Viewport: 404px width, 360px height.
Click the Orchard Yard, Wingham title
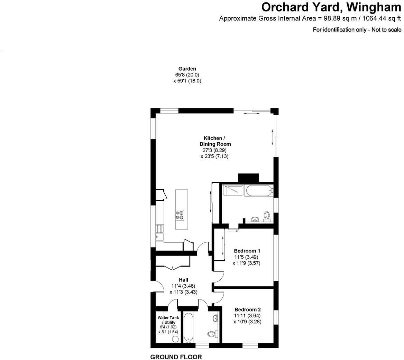click(x=331, y=7)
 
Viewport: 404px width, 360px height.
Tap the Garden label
click(x=187, y=69)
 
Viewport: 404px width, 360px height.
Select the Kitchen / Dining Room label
click(x=215, y=141)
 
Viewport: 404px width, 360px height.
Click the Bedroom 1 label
click(x=247, y=251)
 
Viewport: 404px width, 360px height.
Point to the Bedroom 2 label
click(x=247, y=310)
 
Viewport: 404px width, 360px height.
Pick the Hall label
click(x=183, y=280)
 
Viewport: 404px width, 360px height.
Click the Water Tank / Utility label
click(x=167, y=320)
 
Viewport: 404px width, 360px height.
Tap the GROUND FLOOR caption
click(x=176, y=357)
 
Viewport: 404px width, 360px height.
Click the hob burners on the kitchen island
click(x=180, y=215)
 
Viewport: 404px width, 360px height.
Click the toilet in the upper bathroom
click(x=267, y=216)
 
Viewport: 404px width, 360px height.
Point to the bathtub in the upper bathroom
click(x=259, y=191)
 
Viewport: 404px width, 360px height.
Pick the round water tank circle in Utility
click(x=175, y=339)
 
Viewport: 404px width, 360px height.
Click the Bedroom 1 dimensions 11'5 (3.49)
click(x=247, y=257)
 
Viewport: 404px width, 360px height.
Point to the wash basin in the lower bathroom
click(x=216, y=318)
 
